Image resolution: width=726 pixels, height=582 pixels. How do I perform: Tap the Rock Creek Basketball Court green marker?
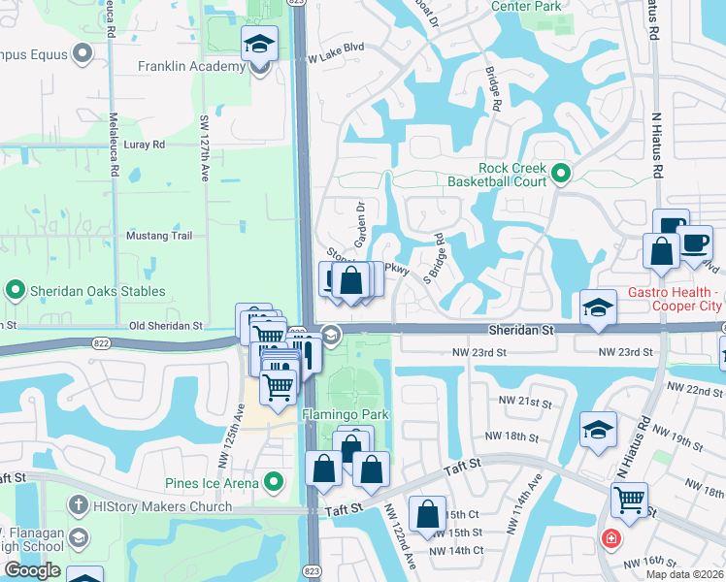[x=560, y=175]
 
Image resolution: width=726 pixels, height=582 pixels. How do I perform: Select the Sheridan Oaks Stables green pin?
[x=16, y=290]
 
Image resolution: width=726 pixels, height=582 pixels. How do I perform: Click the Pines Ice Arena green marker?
[x=275, y=481]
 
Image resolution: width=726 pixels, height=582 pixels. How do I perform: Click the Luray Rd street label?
[x=146, y=145]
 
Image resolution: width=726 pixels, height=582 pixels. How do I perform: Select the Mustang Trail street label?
[x=160, y=236]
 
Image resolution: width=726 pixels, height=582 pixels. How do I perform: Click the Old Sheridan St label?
[x=168, y=327]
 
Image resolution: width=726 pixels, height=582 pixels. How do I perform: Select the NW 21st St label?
[x=525, y=401]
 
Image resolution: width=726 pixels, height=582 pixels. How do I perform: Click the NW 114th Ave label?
[x=533, y=501]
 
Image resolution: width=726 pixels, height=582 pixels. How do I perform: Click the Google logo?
[x=32, y=570]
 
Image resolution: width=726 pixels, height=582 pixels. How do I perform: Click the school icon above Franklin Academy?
[x=260, y=44]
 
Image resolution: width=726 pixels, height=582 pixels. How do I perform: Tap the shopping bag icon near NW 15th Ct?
[x=427, y=514]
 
